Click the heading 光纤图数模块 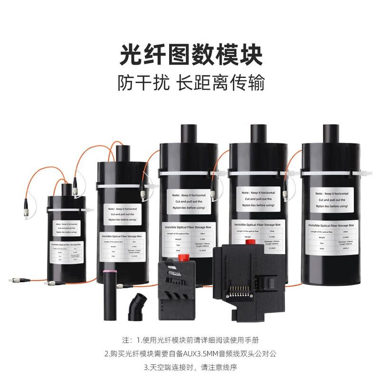click(x=190, y=56)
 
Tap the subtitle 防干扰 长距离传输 click(x=190, y=86)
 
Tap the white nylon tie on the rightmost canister click(x=332, y=171)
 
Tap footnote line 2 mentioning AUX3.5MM click(x=190, y=353)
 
